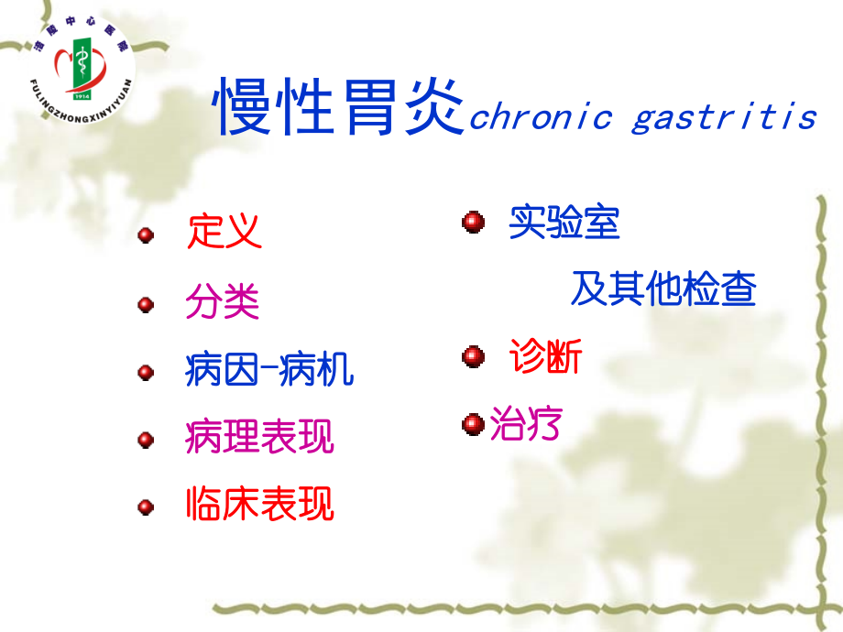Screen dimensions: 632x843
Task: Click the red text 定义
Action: tap(224, 232)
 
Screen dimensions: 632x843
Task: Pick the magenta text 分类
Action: tap(223, 301)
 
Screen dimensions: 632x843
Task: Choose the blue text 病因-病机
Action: tap(269, 370)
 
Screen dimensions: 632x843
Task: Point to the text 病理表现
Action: tap(259, 437)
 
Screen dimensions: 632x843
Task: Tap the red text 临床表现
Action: tap(259, 504)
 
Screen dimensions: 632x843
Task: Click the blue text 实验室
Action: tap(564, 223)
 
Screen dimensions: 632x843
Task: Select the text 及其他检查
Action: tap(663, 289)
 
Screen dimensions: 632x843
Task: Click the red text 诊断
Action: tap(546, 357)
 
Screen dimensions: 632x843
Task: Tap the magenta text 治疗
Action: tap(525, 424)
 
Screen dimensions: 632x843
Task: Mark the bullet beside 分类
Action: tap(146, 304)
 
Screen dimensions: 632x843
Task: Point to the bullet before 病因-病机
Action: tap(146, 373)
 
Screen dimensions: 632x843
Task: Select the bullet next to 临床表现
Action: tap(146, 507)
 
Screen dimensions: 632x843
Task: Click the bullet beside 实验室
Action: tap(473, 223)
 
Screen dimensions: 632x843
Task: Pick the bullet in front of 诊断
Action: tap(473, 357)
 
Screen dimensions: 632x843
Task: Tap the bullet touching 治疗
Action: tap(473, 424)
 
